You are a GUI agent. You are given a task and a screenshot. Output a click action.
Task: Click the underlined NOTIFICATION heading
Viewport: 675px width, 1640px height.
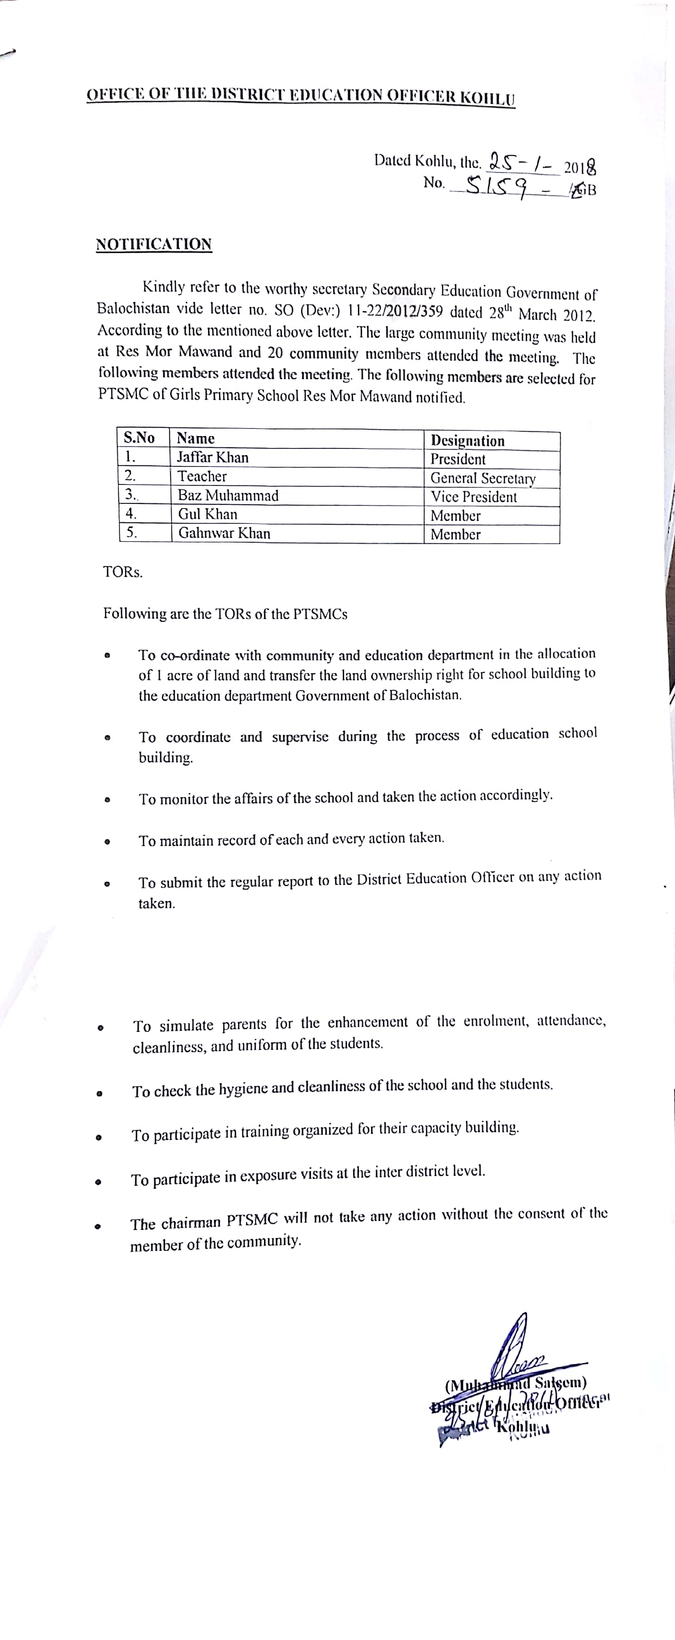154,245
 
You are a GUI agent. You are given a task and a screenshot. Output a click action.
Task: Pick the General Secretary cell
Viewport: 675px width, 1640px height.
483,478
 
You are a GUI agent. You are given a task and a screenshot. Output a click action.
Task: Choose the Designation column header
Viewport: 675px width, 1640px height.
467,440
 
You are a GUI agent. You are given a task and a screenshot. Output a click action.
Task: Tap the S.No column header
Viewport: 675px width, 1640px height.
139,438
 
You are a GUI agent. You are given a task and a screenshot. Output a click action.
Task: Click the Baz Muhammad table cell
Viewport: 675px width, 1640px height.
228,495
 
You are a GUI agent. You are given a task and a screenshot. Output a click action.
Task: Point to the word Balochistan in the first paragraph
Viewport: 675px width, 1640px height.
134,308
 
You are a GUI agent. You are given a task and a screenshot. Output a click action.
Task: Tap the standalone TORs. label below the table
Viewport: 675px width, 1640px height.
123,572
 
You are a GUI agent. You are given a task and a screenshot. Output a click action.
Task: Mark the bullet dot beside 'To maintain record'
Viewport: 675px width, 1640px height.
108,842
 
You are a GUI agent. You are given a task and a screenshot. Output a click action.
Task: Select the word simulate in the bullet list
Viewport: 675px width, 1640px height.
187,1026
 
